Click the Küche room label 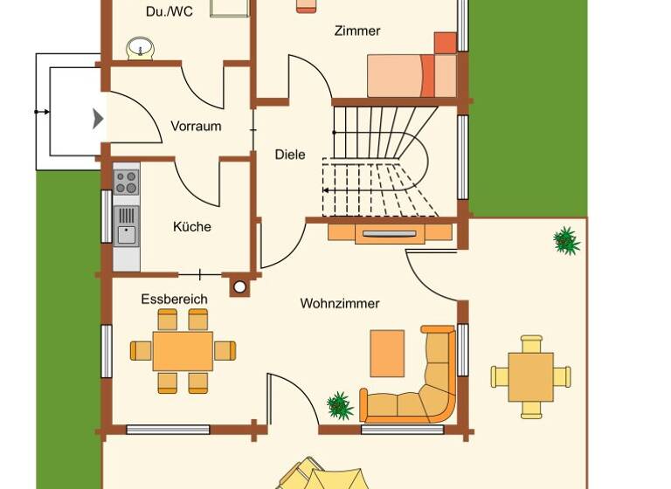coord(192,227)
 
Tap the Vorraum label coord(196,126)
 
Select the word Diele coord(290,155)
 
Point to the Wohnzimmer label coord(340,304)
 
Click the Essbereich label coord(175,300)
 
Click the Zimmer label coord(357,31)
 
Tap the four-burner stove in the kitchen coord(126,182)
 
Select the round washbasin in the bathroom coord(139,48)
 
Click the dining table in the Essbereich coord(183,350)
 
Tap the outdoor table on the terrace coord(530,376)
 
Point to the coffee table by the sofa coord(387,353)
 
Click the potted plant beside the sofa coord(339,405)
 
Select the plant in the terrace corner coord(566,240)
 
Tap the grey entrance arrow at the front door coord(99,118)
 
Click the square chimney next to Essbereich coord(239,286)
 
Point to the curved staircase coord(384,162)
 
